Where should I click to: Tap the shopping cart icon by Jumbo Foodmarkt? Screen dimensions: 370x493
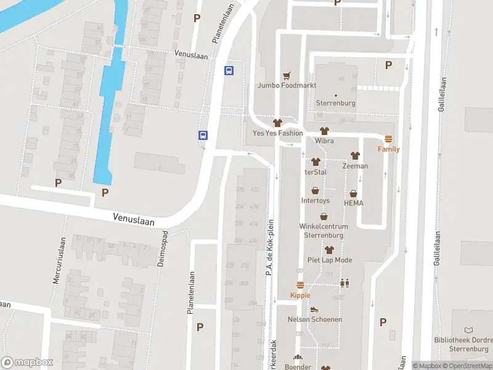click(x=286, y=76)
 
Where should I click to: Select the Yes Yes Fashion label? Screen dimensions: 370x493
click(x=277, y=133)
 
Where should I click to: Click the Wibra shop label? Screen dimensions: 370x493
click(x=324, y=141)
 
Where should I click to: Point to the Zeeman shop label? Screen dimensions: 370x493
click(x=355, y=166)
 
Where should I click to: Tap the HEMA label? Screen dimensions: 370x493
click(x=353, y=203)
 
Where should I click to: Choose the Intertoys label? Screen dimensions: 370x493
click(x=315, y=200)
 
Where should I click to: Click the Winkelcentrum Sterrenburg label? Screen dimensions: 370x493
click(x=324, y=230)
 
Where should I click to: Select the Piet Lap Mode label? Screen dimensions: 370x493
click(x=329, y=260)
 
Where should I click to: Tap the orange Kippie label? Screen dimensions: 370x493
click(x=301, y=295)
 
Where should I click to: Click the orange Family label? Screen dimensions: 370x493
click(x=388, y=149)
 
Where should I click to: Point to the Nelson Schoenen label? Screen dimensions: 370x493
click(x=314, y=319)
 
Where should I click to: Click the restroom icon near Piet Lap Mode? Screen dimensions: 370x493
click(x=344, y=283)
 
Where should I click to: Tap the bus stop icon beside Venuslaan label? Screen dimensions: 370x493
click(x=229, y=70)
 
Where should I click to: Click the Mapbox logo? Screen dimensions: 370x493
click(x=26, y=363)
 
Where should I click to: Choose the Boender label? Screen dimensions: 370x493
click(x=298, y=367)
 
